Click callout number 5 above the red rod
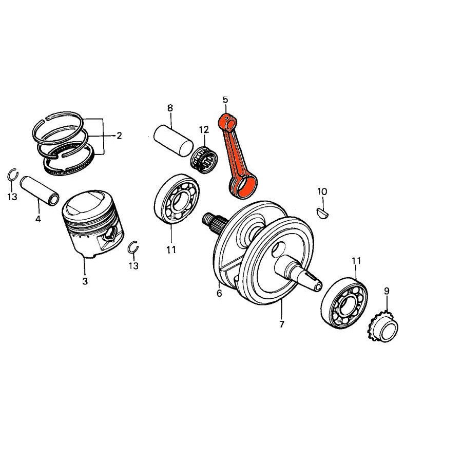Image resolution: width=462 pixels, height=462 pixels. click(x=225, y=99)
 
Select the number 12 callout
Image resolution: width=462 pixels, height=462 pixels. click(x=204, y=129)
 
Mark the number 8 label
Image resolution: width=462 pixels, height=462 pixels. click(x=170, y=108)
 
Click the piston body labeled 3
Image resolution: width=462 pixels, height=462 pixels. click(x=92, y=226)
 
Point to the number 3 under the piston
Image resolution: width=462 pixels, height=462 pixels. click(x=85, y=281)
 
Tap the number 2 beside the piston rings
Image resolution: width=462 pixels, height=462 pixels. click(x=119, y=136)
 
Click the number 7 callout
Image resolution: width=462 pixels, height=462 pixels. click(x=281, y=324)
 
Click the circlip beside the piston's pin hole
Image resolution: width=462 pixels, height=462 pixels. click(x=133, y=247)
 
